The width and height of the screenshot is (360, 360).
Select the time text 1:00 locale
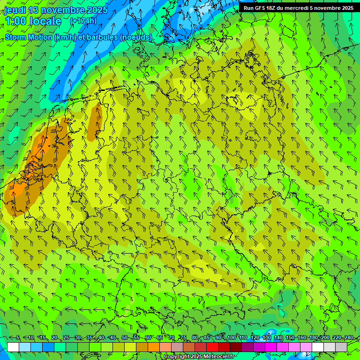click(33, 21)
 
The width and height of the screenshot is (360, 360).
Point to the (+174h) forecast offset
click(83, 21)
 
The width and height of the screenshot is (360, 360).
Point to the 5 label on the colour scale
click(18, 337)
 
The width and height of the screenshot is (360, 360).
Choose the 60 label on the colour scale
click(148, 337)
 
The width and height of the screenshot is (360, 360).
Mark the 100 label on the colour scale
click(232, 337)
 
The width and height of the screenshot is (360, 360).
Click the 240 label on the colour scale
click(348, 337)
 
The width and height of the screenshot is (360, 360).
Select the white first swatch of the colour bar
click(13, 347)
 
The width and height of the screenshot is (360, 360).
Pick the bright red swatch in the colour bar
click(212, 347)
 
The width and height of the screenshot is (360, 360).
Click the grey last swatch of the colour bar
click(341, 347)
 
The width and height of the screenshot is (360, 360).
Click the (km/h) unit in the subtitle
click(64, 37)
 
